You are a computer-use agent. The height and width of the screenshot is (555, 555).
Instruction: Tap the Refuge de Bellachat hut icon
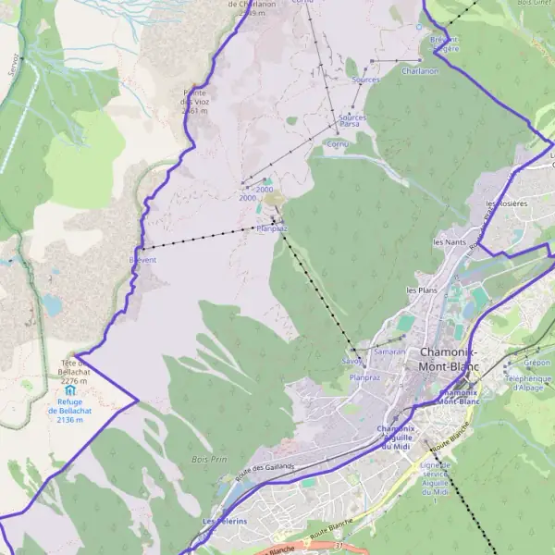pos(71,391)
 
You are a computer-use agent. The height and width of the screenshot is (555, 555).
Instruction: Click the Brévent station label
pos(143,260)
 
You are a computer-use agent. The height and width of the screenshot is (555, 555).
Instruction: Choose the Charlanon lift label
pos(420,71)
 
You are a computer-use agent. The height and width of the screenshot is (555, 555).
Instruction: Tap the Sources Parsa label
pos(351,120)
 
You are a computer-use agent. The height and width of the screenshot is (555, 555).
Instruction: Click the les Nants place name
pos(450,242)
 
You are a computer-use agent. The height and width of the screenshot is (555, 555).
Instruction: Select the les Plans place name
pos(422,290)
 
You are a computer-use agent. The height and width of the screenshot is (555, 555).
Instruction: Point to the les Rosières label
pos(506,203)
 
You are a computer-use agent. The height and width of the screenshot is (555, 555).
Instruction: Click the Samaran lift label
pos(389,352)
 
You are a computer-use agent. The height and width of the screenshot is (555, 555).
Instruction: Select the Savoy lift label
pos(351,360)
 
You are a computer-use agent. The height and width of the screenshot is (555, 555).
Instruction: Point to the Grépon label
pos(536,364)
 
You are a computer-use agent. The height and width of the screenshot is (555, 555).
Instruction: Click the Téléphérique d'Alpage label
pos(528,383)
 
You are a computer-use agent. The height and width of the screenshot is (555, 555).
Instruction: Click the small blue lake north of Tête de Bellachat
pos(50,304)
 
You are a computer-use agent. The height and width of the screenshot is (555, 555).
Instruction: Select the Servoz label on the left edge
pos(13,63)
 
